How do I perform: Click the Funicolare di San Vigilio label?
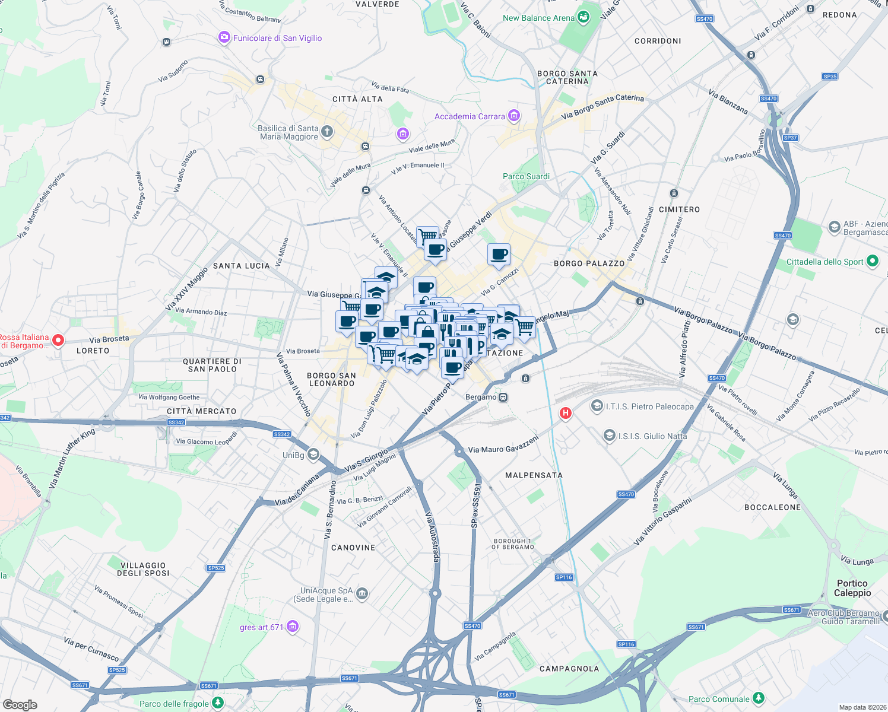[x=277, y=38]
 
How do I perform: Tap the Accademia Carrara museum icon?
[x=514, y=116]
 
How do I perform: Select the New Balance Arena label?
[x=538, y=18]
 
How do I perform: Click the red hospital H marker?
[x=566, y=412]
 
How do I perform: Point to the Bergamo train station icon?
[x=503, y=397]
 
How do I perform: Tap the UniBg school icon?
[x=313, y=454]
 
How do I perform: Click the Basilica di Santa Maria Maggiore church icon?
[x=327, y=131]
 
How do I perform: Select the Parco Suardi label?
[x=526, y=176]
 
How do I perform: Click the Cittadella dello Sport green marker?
[x=872, y=260]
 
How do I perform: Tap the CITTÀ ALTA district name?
[x=357, y=99]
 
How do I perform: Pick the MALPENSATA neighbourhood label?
[x=534, y=475]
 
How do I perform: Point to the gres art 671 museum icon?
[x=292, y=627]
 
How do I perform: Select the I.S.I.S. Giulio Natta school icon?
[x=609, y=436]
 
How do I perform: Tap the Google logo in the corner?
[x=20, y=704]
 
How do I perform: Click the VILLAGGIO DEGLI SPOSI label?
[x=143, y=569]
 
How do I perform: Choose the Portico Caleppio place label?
[x=852, y=588]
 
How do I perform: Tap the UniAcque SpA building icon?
[x=362, y=593]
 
